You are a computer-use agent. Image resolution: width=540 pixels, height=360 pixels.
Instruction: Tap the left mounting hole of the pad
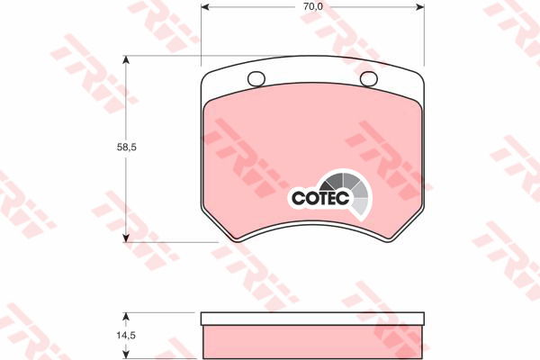coord(256,78)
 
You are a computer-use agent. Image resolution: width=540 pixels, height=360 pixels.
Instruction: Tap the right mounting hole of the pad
coord(368,78)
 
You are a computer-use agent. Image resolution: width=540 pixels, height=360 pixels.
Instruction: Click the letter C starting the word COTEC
coord(297,197)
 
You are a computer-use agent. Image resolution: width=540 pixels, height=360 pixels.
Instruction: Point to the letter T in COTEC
coord(322,197)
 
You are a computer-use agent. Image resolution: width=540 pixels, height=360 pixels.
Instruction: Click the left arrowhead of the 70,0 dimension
coord(204,6)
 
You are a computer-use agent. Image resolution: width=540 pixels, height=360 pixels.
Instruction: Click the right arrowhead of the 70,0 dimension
coord(421,6)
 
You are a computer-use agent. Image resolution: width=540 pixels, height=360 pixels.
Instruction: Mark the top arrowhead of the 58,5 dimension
coord(127,60)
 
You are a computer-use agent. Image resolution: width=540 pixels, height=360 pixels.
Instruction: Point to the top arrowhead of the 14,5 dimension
coord(127,318)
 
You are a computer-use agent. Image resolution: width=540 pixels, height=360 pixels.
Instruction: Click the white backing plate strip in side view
coord(312,319)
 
